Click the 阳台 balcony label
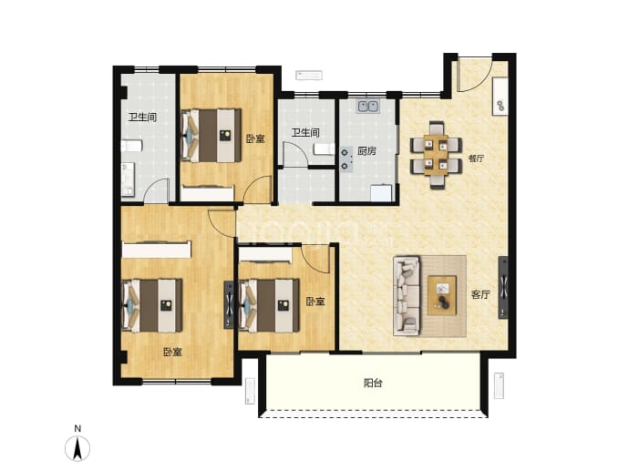373,384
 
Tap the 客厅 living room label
480,294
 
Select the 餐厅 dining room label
476,159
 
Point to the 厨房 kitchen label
367,151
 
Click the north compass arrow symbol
77,448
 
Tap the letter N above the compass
77,428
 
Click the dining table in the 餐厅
436,155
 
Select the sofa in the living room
407,295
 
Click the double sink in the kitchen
368,107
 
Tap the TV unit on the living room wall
503,287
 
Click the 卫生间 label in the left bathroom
142,118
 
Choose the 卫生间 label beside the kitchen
305,133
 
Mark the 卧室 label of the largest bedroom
172,352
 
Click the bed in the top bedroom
211,136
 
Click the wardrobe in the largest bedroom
157,250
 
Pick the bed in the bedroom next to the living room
269,305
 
